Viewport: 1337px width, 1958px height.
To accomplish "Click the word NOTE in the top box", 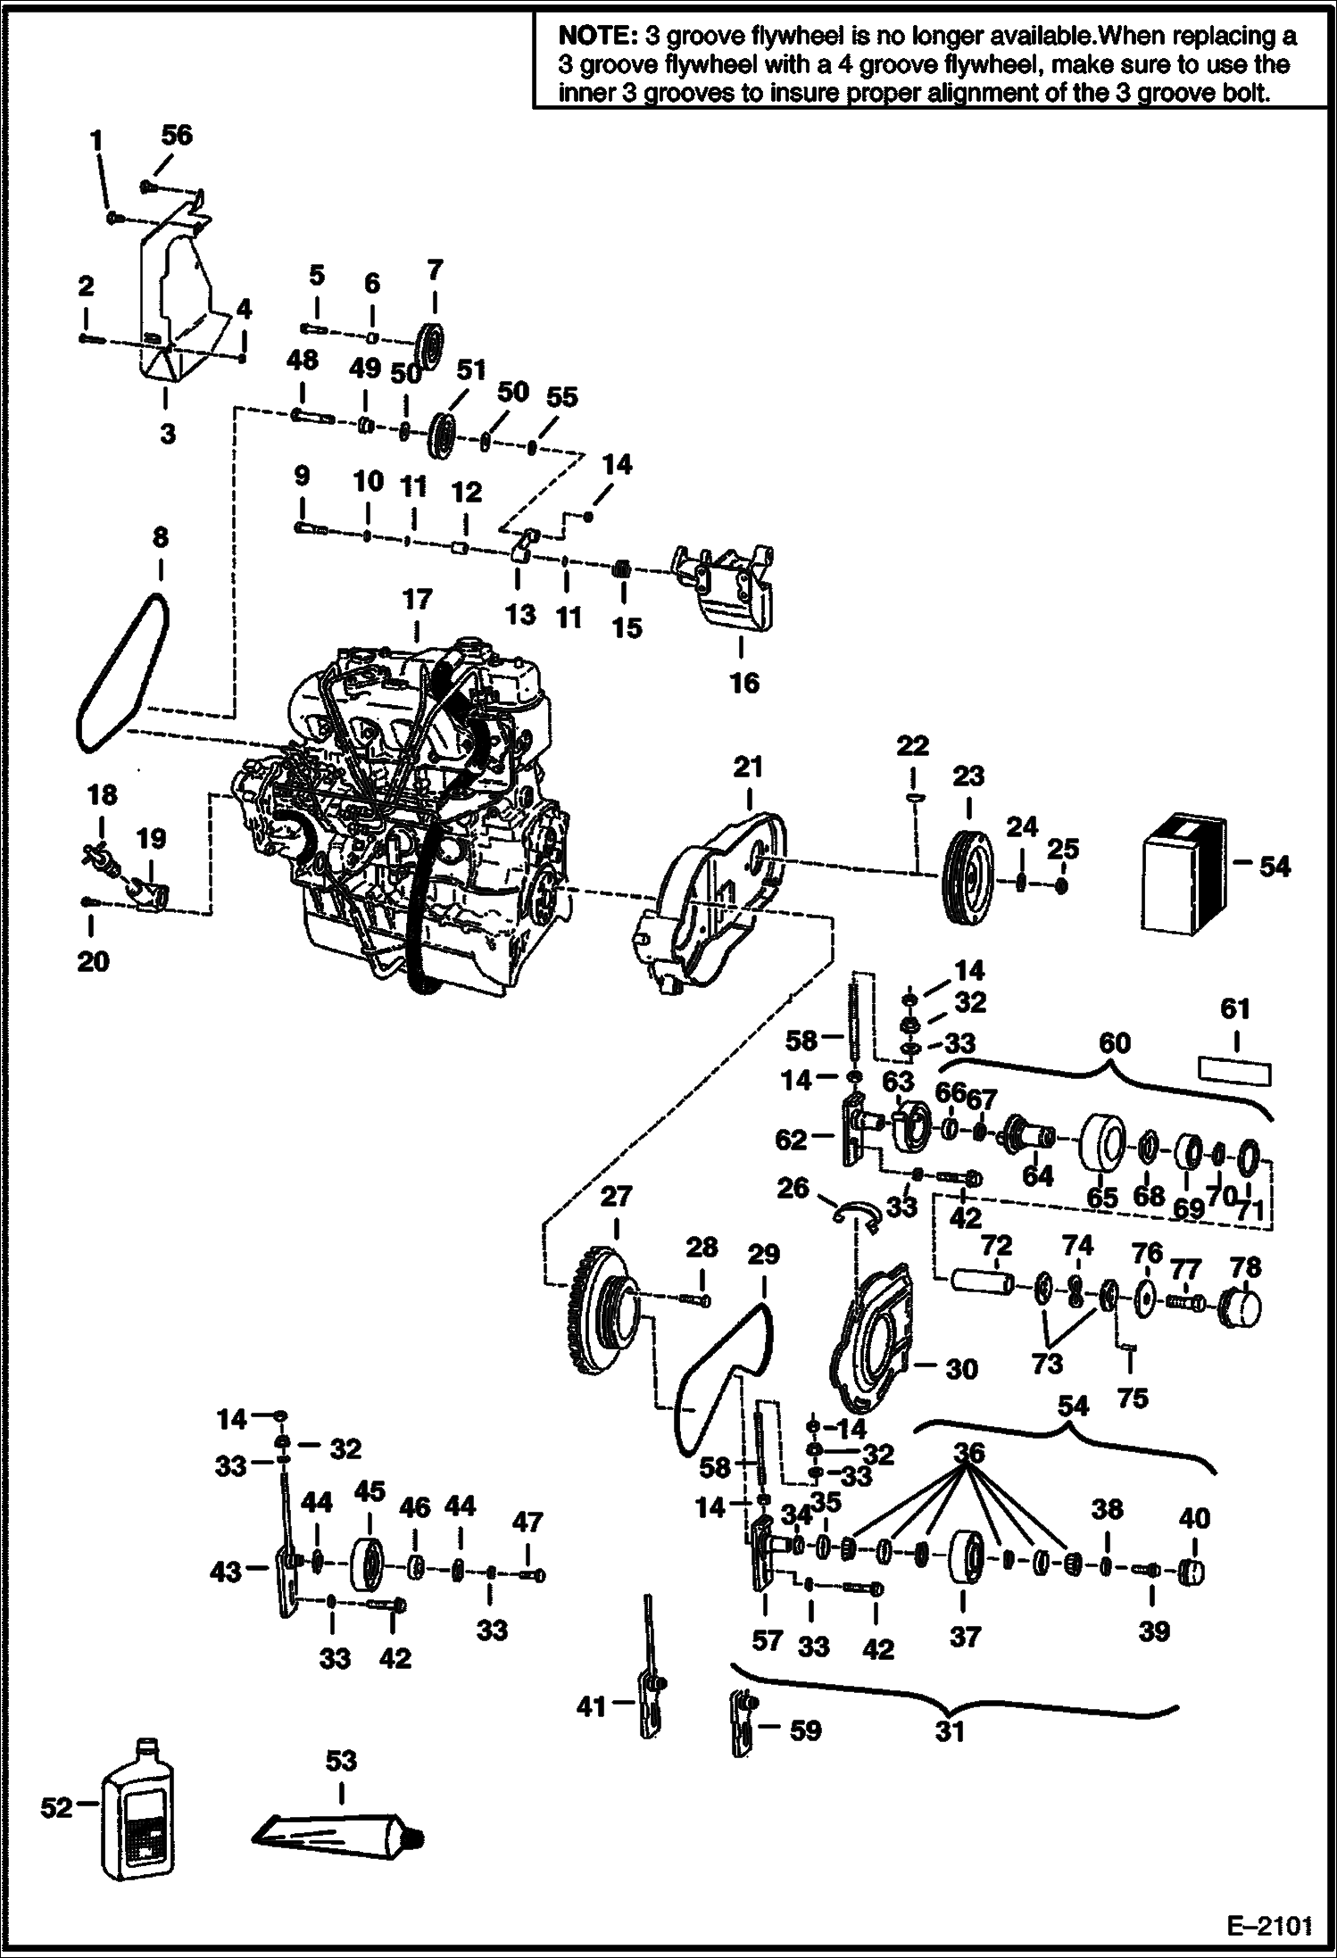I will [593, 37].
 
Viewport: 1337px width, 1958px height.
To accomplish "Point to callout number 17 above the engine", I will [417, 599].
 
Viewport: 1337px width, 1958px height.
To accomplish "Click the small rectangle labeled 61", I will [1235, 1071].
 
